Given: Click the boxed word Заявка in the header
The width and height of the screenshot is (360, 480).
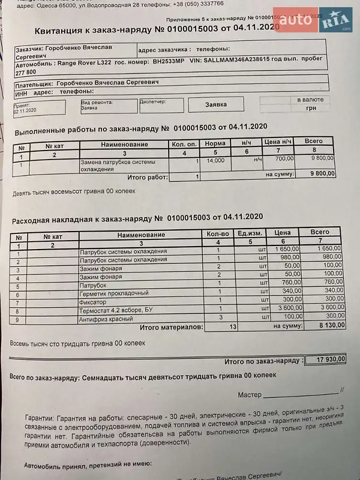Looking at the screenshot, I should click(216, 104).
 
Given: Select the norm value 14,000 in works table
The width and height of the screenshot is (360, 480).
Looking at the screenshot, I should click(215, 160).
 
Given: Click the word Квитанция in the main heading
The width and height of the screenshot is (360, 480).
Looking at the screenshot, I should click(62, 31).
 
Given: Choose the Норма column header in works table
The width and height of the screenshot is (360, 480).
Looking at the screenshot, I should click(215, 143).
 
